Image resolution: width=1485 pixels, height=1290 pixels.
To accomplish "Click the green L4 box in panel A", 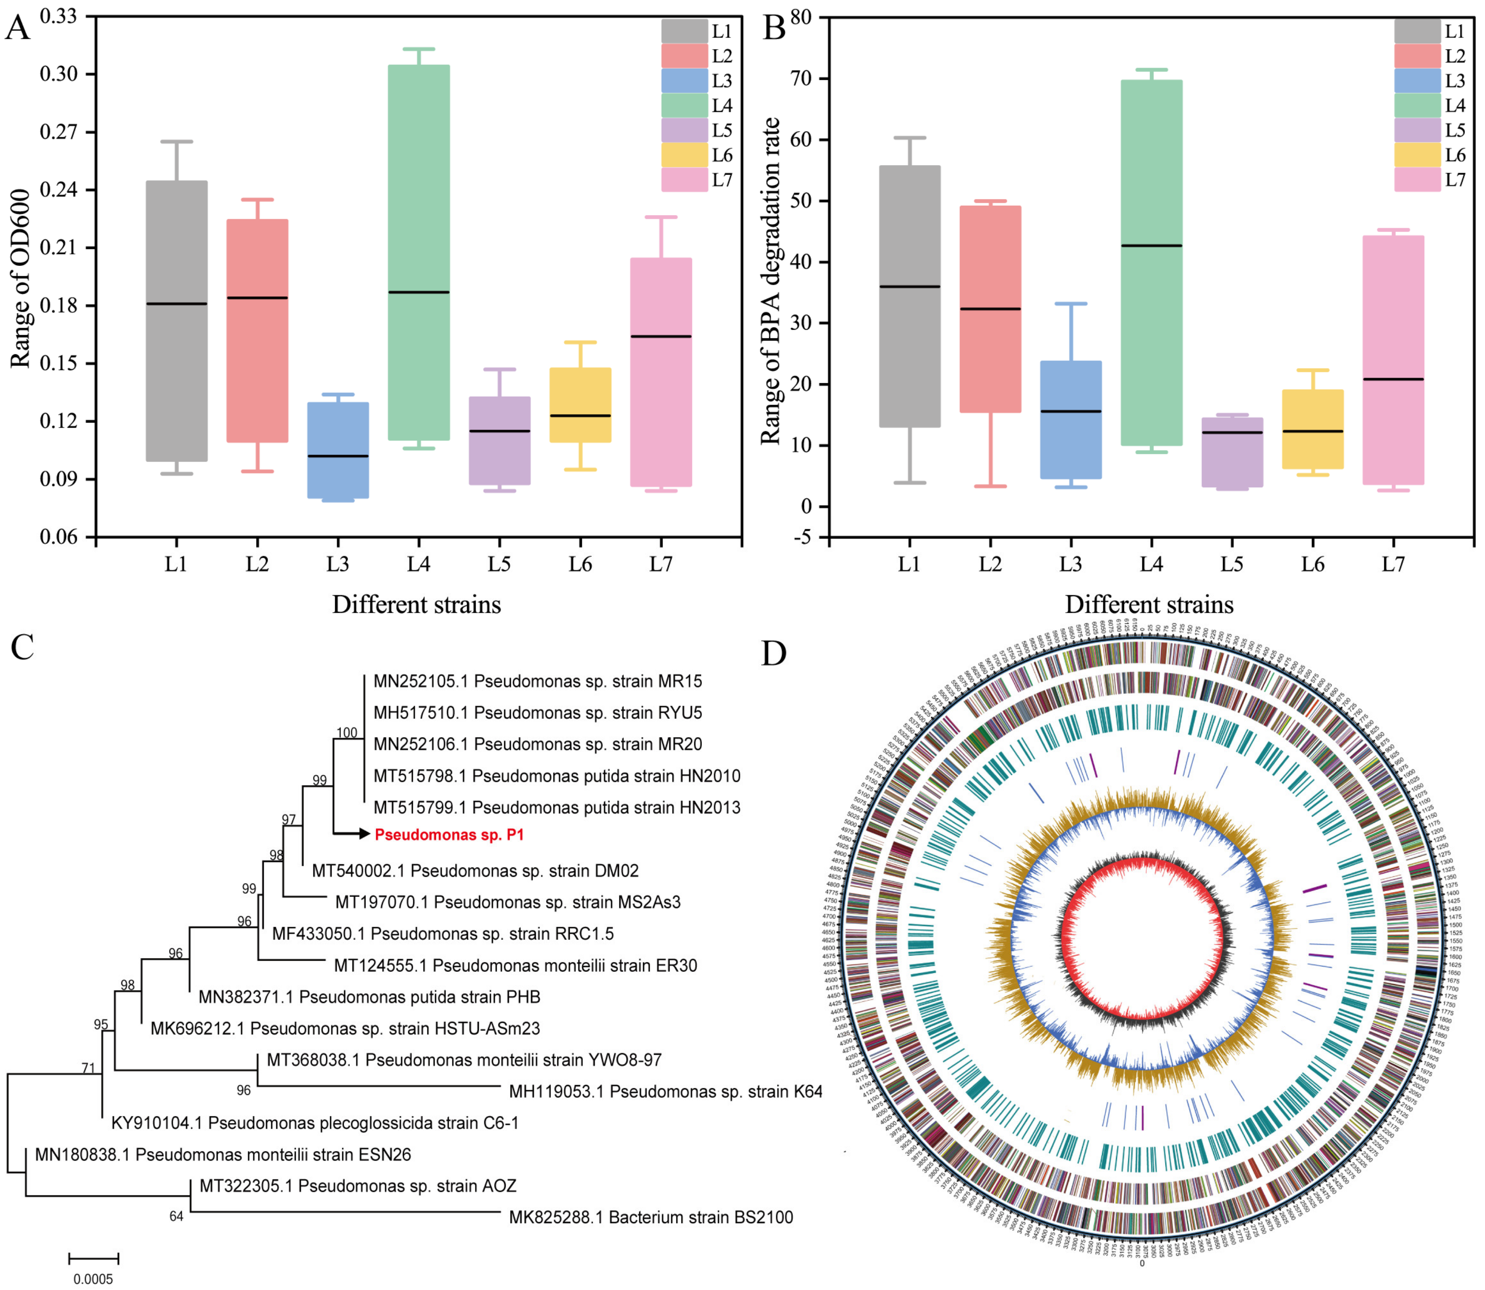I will [419, 216].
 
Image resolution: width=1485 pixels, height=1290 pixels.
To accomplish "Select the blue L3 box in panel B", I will [1070, 446].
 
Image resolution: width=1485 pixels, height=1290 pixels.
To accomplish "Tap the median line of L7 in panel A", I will [661, 336].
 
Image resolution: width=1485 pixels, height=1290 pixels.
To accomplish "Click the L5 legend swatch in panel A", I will [684, 130].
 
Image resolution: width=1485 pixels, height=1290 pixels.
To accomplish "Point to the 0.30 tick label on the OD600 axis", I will [58, 74].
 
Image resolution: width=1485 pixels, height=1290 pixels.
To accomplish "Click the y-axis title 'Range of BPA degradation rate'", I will [770, 281].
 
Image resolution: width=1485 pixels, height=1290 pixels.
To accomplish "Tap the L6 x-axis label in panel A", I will [580, 564].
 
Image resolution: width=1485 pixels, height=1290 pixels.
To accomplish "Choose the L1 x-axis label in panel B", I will [909, 564].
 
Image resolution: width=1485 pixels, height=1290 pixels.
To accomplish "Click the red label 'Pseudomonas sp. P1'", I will [449, 834].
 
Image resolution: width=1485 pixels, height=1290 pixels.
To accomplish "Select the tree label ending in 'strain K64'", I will [665, 1091].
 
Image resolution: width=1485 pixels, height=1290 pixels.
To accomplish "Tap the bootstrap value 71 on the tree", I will [88, 1068].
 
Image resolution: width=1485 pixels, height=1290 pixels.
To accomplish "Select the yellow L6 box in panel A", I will [580, 405].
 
